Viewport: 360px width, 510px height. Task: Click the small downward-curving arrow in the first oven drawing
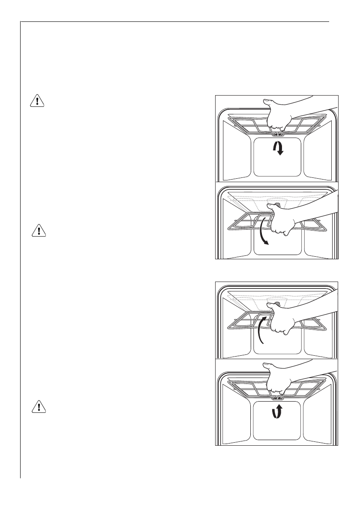point(278,149)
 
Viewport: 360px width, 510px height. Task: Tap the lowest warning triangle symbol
point(39,408)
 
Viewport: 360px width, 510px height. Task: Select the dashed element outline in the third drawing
point(240,296)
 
